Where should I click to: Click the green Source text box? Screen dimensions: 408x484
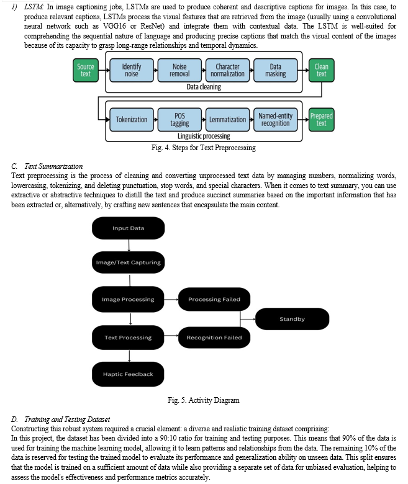(86, 70)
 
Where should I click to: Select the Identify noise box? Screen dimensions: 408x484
(132, 70)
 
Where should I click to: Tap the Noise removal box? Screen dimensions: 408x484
(179, 70)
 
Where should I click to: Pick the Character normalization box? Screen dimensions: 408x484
(227, 70)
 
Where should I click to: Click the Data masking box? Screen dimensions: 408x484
(276, 70)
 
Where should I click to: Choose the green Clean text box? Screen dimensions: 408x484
(321, 70)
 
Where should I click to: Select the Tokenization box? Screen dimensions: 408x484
(132, 120)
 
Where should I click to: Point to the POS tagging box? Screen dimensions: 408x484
(179, 120)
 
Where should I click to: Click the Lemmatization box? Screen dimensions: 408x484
(227, 120)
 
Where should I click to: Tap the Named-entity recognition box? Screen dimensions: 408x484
(276, 120)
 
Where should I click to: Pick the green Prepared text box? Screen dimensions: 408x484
(321, 120)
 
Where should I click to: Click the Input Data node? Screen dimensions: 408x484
(128, 228)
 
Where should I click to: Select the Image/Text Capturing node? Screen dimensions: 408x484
(128, 262)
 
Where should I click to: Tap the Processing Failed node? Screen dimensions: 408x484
(214, 300)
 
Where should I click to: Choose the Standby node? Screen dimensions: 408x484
(292, 319)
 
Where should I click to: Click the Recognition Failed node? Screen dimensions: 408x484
(214, 338)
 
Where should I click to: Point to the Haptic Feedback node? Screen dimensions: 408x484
(128, 374)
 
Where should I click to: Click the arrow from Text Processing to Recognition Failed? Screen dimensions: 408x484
(171, 336)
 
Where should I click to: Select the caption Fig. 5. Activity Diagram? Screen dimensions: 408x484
(204, 400)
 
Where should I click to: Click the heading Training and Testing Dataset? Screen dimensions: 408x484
(67, 419)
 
